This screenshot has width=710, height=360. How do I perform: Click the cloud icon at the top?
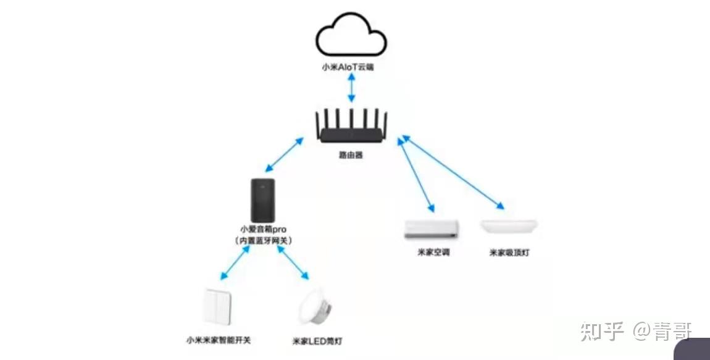[351, 37]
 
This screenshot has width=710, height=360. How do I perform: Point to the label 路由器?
[351, 155]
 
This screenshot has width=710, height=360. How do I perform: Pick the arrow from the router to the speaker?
[285, 155]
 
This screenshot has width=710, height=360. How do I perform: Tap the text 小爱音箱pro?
[263, 229]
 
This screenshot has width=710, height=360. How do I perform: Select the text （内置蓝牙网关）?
[263, 240]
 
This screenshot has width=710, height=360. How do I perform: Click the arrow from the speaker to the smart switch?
[234, 262]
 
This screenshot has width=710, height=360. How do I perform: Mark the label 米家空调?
[433, 252]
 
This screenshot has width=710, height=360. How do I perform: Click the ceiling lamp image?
[509, 226]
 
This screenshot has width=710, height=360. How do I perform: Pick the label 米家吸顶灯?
[510, 253]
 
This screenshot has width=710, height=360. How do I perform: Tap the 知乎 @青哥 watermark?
[636, 332]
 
